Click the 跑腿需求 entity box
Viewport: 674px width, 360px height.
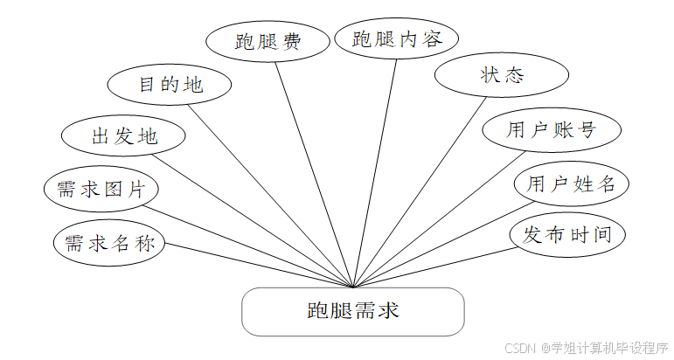[x=352, y=312]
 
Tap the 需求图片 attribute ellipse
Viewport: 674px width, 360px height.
[x=101, y=190]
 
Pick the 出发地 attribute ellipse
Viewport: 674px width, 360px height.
[x=123, y=136]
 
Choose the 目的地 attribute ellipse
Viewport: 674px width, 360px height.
[x=170, y=85]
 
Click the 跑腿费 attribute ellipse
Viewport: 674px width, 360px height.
[x=268, y=41]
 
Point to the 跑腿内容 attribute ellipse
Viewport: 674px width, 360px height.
[x=397, y=38]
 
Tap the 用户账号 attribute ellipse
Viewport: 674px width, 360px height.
[x=552, y=130]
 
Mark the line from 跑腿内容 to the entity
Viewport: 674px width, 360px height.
[x=376, y=170]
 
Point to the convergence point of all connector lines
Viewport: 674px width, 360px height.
[x=352, y=287]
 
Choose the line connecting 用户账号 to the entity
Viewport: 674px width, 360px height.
[x=437, y=218]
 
